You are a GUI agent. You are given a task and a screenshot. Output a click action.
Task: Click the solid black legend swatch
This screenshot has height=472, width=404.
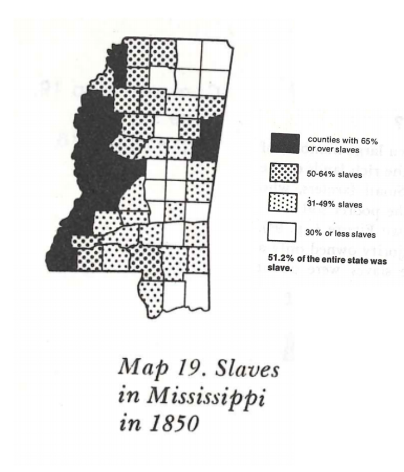(x=284, y=145)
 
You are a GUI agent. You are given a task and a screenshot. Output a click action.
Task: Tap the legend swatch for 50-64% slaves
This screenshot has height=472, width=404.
(x=284, y=173)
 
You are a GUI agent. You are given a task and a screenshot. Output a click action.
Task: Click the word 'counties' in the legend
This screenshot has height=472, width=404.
(x=323, y=139)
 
